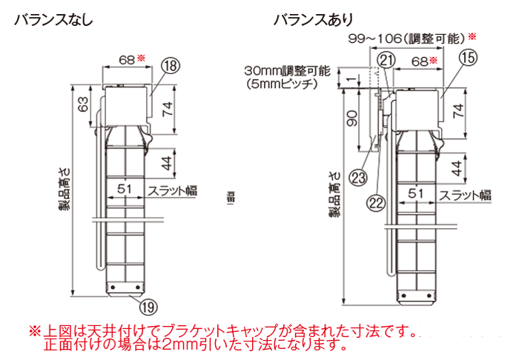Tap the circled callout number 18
[170, 67]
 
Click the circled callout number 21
[386, 60]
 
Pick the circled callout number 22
[377, 201]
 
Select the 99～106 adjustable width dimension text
[406, 38]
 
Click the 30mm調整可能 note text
[287, 71]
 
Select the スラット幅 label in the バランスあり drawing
[465, 196]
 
